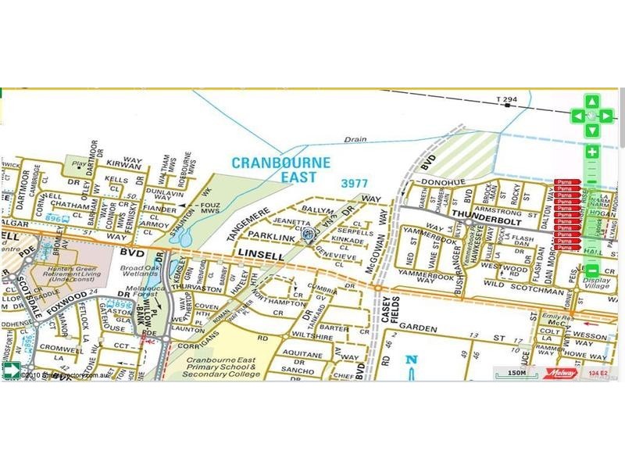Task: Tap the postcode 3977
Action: point(355,183)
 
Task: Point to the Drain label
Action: point(355,140)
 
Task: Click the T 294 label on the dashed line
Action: point(506,99)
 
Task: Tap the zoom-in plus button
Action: point(592,152)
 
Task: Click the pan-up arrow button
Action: point(592,102)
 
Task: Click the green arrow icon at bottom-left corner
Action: point(11,372)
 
